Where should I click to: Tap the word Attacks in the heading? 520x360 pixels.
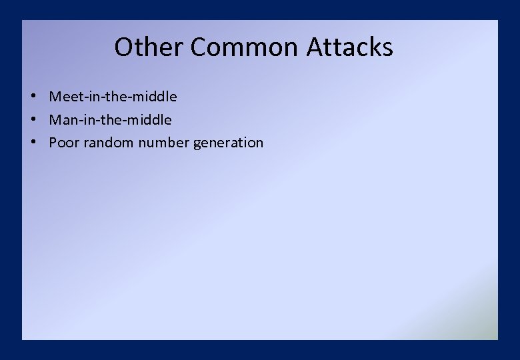tap(350, 47)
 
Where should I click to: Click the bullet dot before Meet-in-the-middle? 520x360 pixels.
tap(32, 97)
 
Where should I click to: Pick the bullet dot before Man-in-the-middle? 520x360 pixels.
tap(32, 120)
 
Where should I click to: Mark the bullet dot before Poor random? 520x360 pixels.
tap(32, 143)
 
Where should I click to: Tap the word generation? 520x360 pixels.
tap(228, 143)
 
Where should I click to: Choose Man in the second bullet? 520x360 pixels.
tap(61, 120)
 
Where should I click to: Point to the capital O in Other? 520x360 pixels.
tap(123, 47)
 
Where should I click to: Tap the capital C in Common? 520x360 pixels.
tap(199, 47)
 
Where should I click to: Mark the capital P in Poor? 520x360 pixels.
tap(53, 143)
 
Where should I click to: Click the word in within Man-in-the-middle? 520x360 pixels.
tap(88, 120)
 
